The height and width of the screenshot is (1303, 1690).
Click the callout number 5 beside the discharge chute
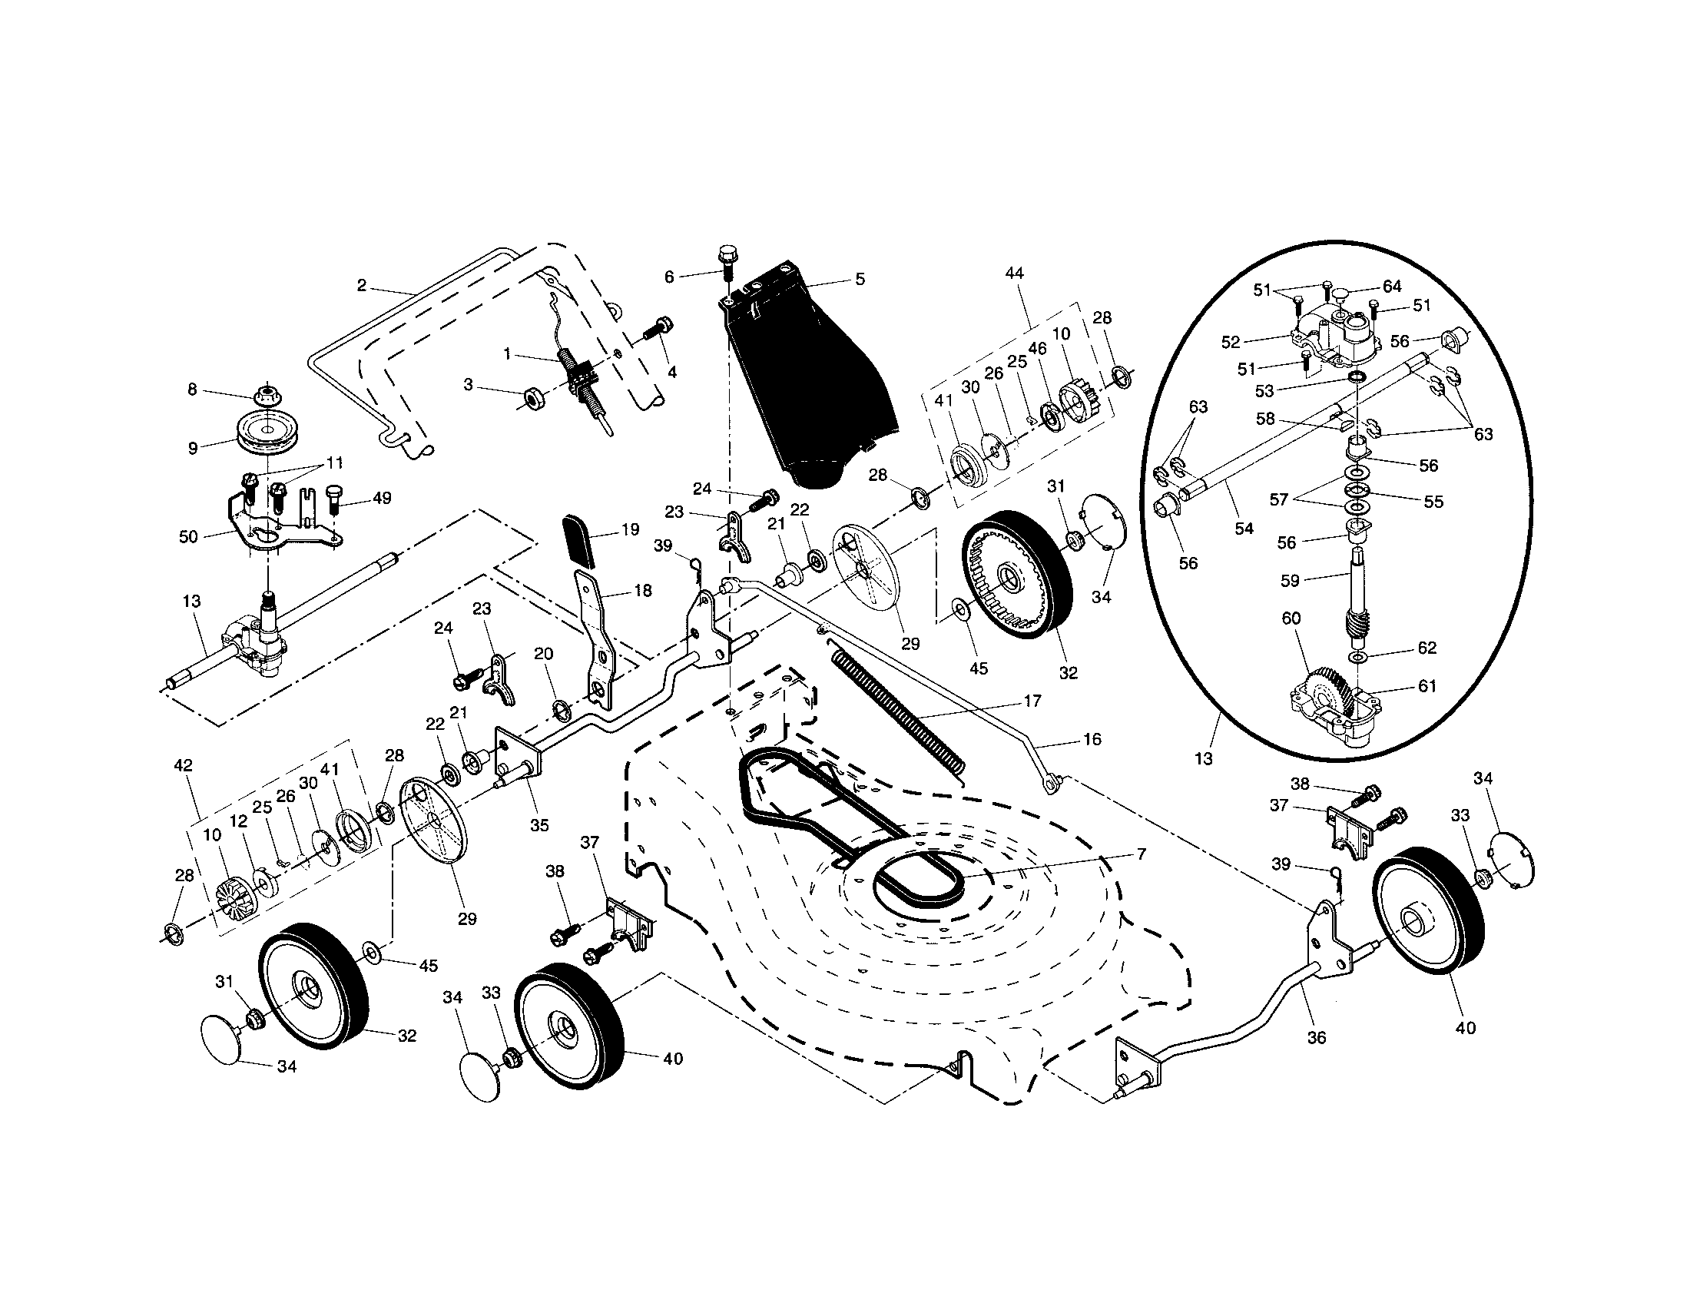[860, 280]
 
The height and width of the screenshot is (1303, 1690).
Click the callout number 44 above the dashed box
[1014, 274]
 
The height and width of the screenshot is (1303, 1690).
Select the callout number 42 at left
[184, 765]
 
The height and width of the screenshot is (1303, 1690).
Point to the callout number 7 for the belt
[1141, 854]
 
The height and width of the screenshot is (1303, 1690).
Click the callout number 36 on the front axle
[1316, 1038]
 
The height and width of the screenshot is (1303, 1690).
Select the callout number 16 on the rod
[1092, 739]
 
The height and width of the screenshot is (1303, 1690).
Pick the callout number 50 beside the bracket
[188, 536]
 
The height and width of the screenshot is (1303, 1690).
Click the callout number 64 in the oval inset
[1392, 287]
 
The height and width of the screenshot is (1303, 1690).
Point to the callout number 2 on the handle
[361, 286]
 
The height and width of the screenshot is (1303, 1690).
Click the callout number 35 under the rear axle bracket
[539, 825]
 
